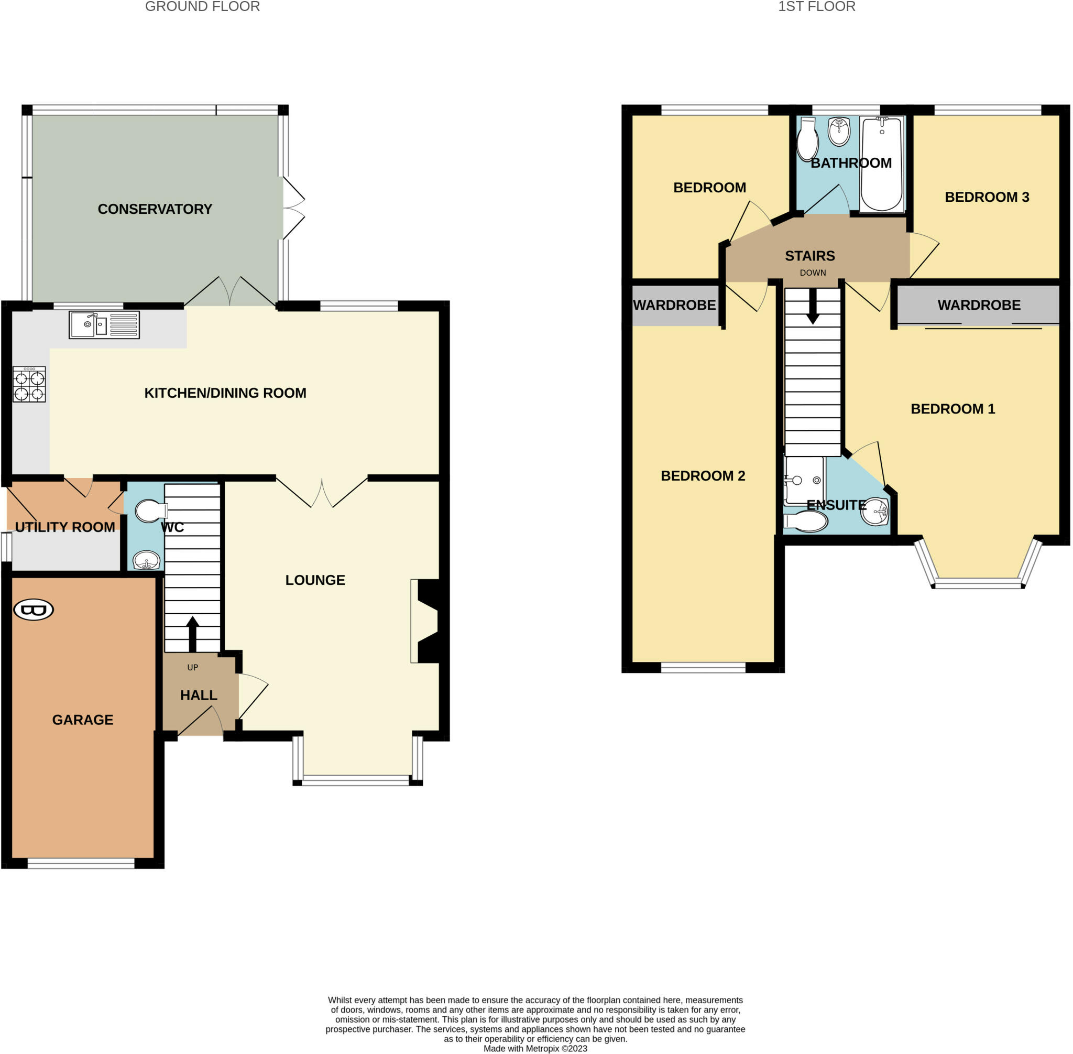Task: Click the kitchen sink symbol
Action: [104, 324]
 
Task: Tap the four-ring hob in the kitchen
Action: [29, 384]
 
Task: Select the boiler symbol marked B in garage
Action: [34, 610]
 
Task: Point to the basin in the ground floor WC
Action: [147, 561]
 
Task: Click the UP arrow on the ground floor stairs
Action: [193, 634]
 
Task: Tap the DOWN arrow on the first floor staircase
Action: [813, 307]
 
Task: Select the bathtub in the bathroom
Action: [882, 164]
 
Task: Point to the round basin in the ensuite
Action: [875, 511]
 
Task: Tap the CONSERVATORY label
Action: [155, 209]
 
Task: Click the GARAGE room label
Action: [82, 720]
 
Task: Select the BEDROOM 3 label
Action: [987, 197]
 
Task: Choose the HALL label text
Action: [199, 696]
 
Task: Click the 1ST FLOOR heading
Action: [816, 7]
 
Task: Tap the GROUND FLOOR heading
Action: [202, 7]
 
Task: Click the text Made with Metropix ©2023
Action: [535, 1048]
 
